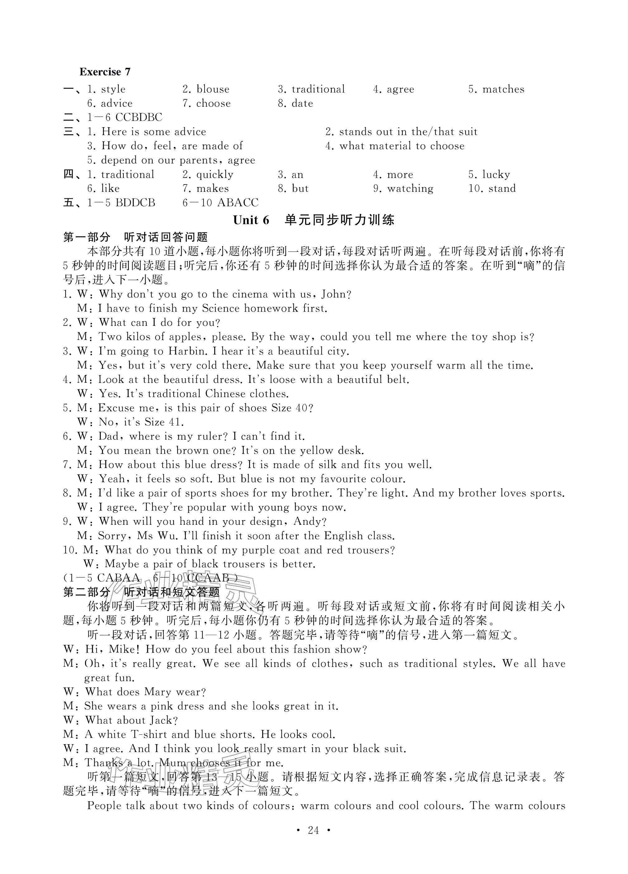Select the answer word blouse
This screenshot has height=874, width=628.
213,89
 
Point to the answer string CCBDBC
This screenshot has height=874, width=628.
139,117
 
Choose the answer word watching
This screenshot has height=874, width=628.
410,188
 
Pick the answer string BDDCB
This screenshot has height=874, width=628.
135,203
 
